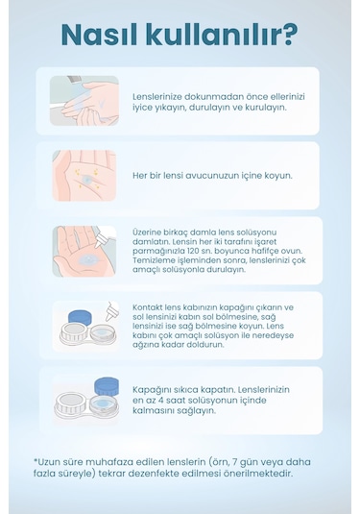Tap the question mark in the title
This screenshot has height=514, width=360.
click(x=289, y=34)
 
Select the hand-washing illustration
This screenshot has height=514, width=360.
click(x=84, y=101)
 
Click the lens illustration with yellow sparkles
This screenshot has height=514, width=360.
click(x=84, y=176)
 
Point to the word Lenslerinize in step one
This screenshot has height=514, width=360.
click(x=156, y=97)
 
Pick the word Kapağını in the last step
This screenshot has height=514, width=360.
click(x=151, y=390)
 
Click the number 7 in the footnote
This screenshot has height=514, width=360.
click(x=234, y=462)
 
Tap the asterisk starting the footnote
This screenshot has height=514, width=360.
click(x=36, y=460)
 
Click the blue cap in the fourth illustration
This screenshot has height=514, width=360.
click(x=80, y=317)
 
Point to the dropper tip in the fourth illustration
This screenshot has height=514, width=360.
click(x=108, y=319)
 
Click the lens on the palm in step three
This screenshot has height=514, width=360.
click(x=87, y=260)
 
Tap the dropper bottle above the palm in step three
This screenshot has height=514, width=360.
click(x=105, y=237)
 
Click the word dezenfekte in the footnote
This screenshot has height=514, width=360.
click(x=174, y=474)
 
